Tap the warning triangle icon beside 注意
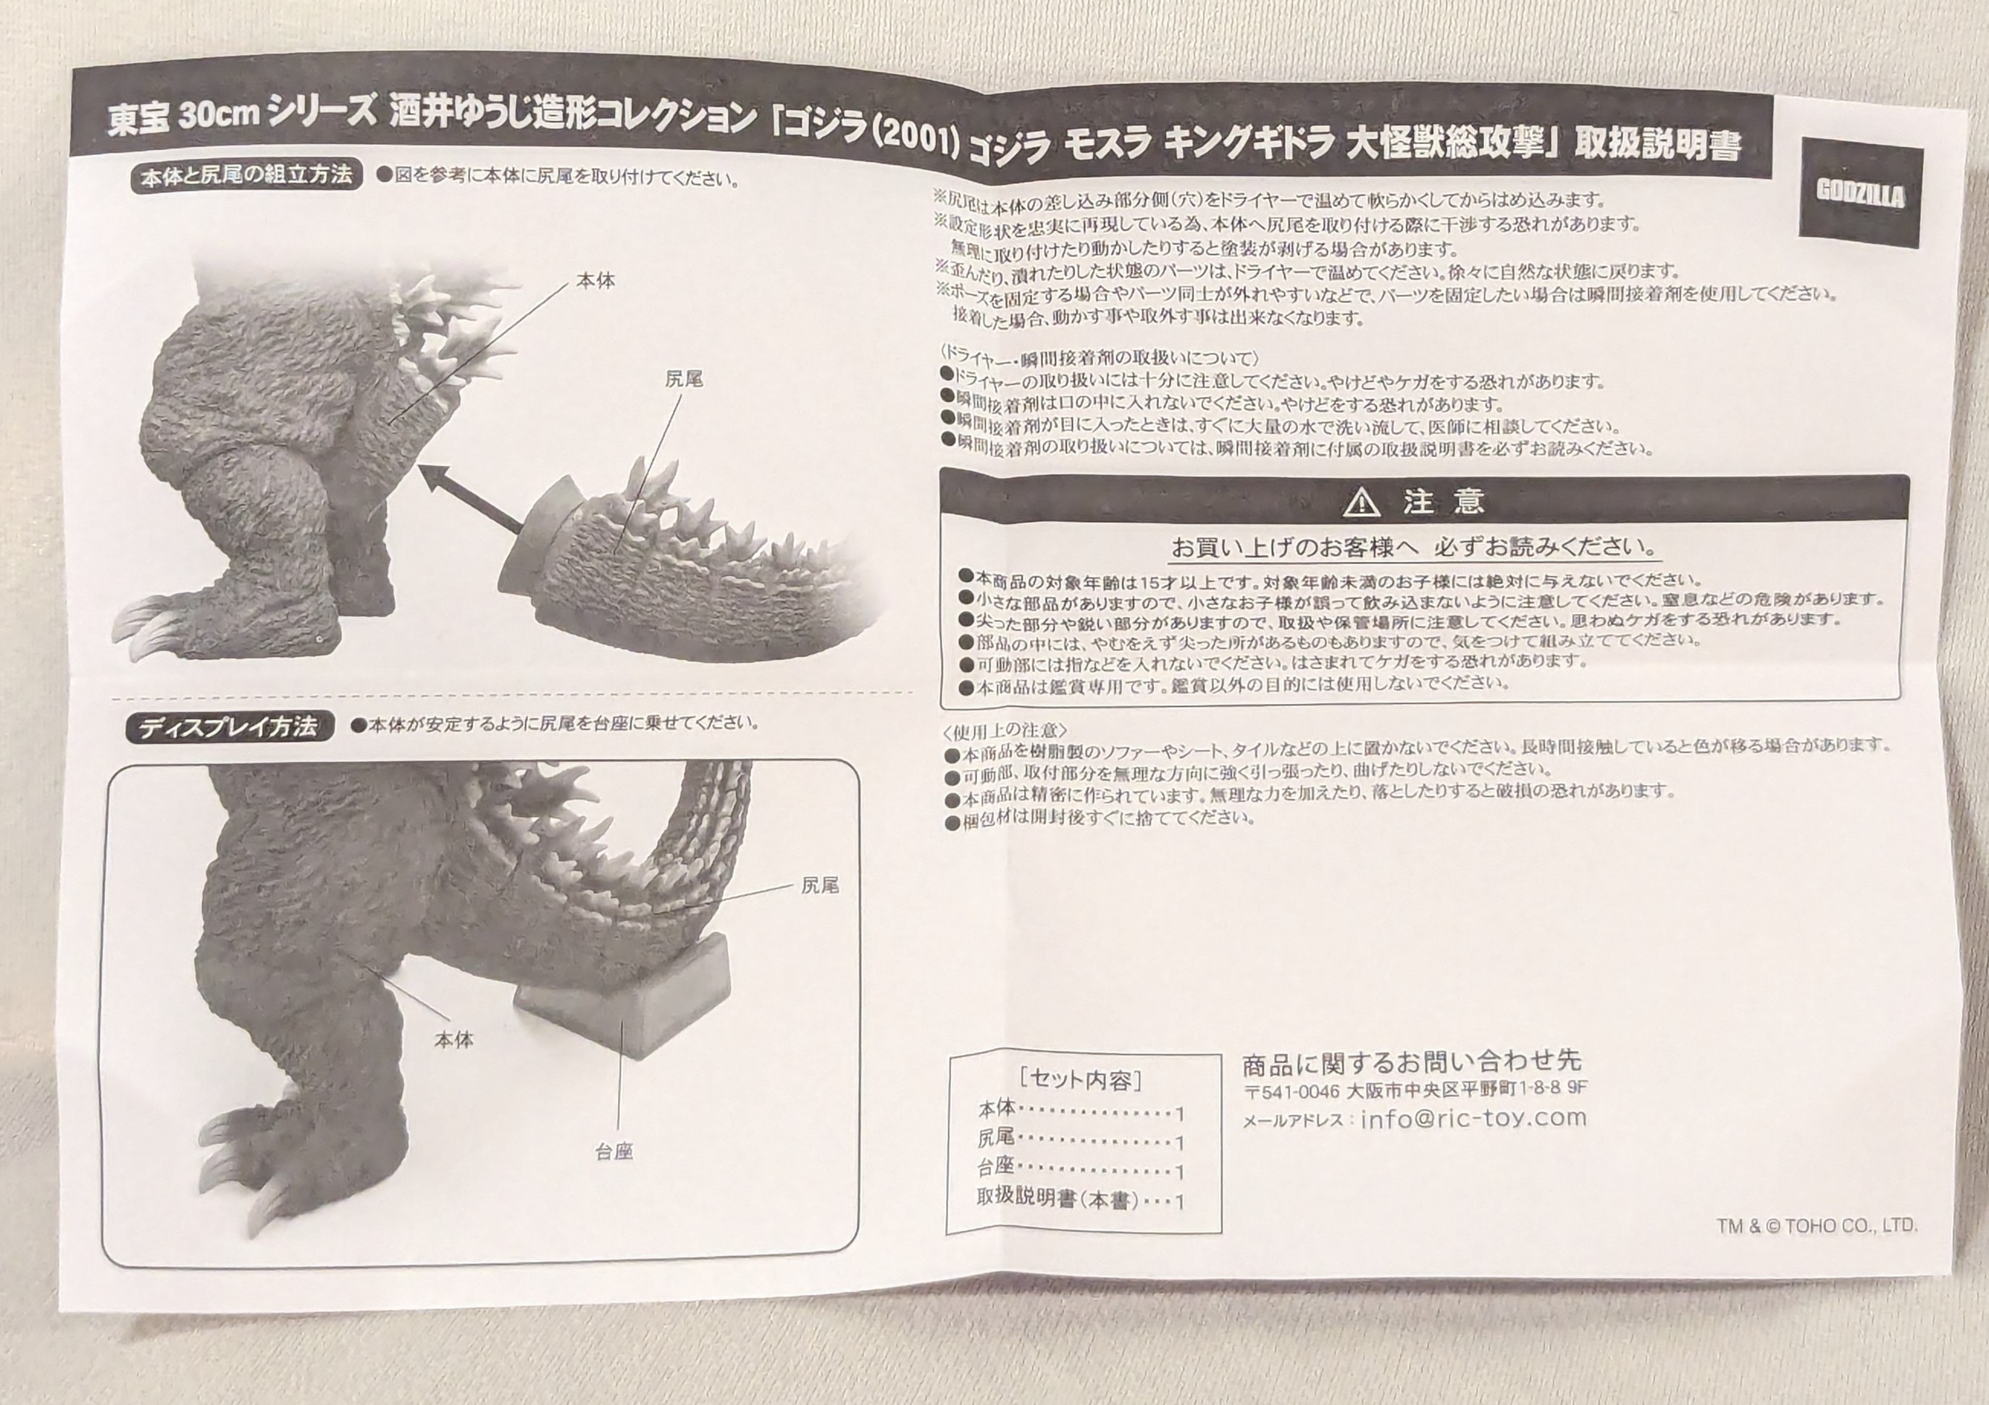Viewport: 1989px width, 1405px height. click(1360, 502)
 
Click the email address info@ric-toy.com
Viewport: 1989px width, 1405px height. click(1473, 1117)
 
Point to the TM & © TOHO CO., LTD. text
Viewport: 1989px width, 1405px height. click(1817, 1225)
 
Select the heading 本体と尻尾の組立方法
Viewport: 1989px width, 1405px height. click(247, 176)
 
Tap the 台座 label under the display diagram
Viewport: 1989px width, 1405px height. click(614, 1152)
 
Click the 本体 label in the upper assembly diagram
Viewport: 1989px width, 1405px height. click(596, 282)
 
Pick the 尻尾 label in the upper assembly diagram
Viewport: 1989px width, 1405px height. click(684, 379)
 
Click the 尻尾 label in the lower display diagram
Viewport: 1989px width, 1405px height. click(818, 885)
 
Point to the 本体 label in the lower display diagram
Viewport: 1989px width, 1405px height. click(453, 1040)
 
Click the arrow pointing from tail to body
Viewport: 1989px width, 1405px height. click(472, 495)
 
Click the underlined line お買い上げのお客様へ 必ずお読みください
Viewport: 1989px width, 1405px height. click(1415, 548)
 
